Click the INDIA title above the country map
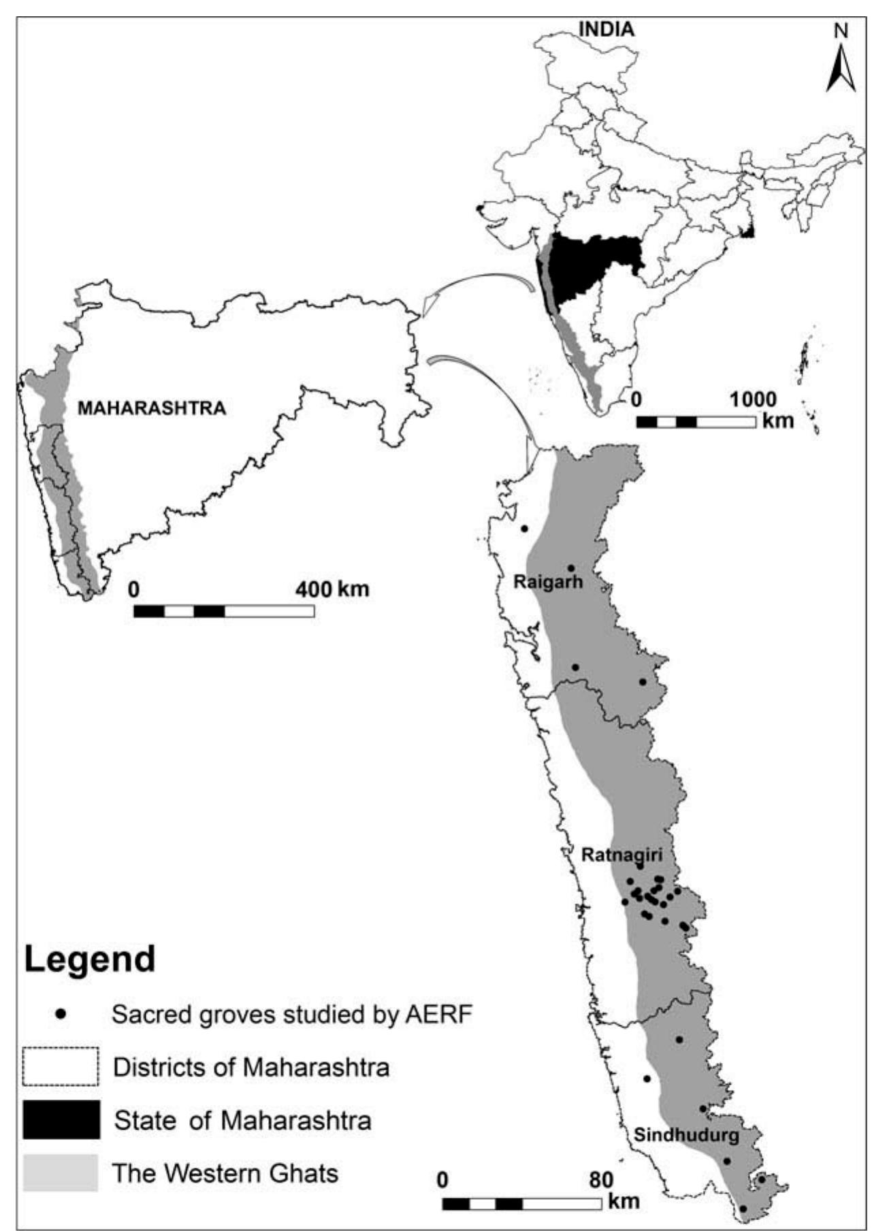(606, 29)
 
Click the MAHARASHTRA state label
(151, 408)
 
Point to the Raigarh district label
(548, 582)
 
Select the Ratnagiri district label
(621, 855)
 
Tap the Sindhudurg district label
(686, 1135)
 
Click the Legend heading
(90, 959)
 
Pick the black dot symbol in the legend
(61, 1014)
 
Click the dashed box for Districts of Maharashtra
(61, 1066)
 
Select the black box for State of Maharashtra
(61, 1119)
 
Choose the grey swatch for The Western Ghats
(61, 1172)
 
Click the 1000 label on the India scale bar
(753, 399)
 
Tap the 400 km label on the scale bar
(332, 589)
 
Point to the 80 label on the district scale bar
(601, 1180)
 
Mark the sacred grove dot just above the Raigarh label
(571, 568)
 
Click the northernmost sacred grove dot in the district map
(524, 529)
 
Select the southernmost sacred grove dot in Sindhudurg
(743, 1209)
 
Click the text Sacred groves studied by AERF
(291, 1015)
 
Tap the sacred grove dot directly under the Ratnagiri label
(640, 866)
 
